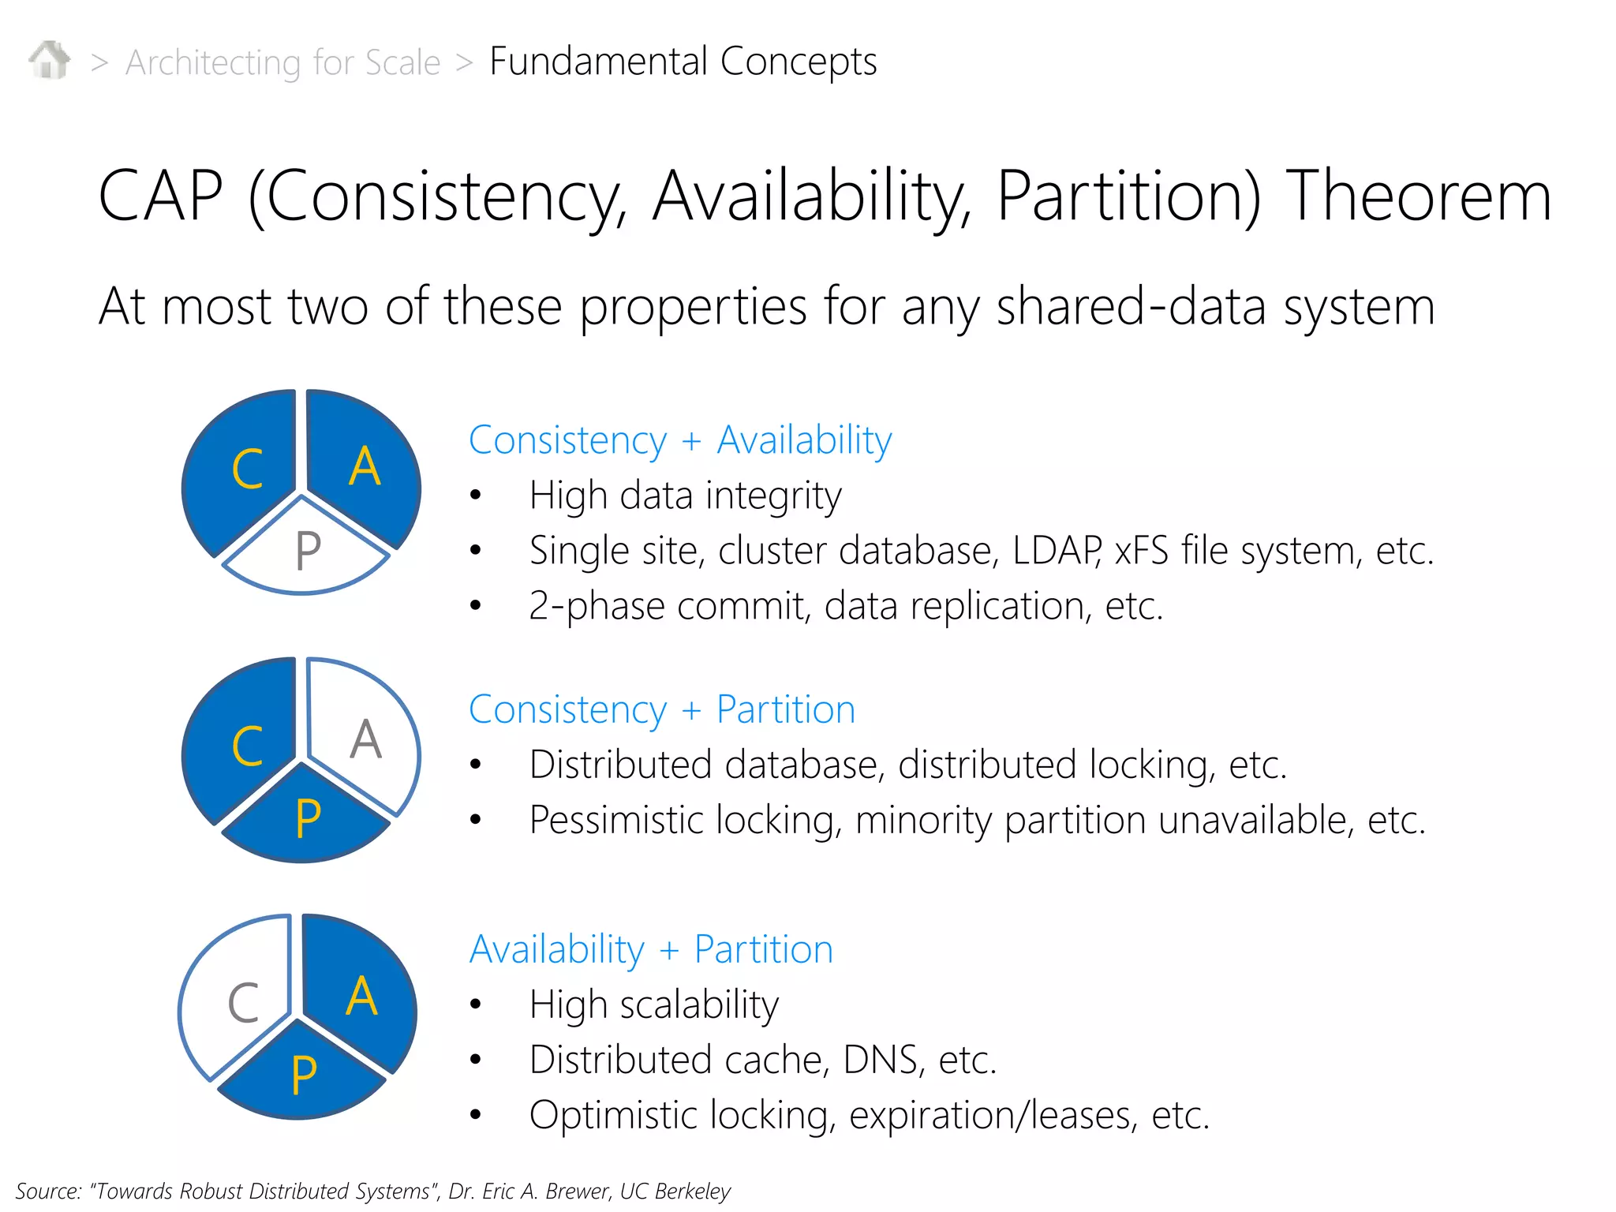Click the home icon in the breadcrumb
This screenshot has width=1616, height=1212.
click(50, 60)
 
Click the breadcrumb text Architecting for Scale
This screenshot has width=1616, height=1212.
click(282, 62)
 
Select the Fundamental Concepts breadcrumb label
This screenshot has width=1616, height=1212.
click(683, 62)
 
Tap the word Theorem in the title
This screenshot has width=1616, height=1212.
click(1419, 196)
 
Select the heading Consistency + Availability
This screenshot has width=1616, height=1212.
click(680, 440)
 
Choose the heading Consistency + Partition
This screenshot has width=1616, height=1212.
click(662, 709)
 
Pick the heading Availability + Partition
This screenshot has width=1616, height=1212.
click(651, 949)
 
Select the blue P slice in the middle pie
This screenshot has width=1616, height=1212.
click(306, 821)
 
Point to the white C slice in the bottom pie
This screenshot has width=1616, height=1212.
click(237, 1002)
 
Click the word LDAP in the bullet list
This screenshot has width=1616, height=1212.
click(1056, 550)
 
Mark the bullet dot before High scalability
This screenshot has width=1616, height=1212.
click(475, 1004)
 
